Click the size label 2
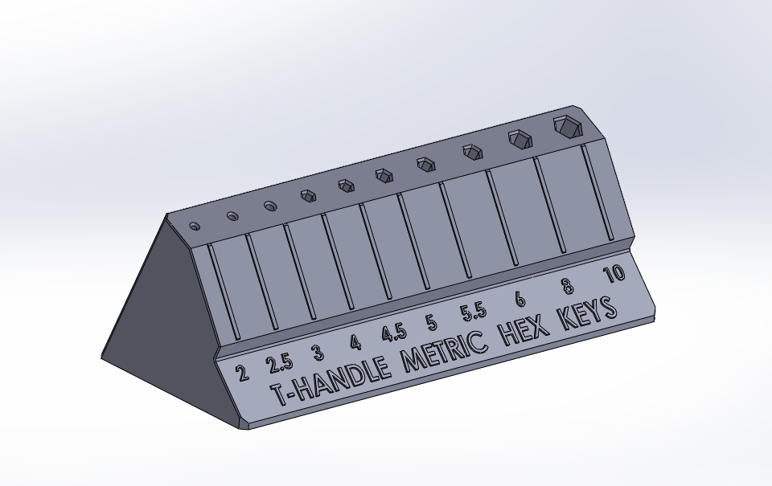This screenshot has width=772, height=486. (x=241, y=372)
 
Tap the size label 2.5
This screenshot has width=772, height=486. (x=279, y=363)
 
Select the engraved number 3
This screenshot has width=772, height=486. (x=318, y=353)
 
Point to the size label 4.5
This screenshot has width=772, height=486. (x=393, y=333)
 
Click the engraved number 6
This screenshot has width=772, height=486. (x=520, y=299)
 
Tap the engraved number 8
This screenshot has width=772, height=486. (x=567, y=285)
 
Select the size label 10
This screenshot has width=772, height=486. (x=614, y=274)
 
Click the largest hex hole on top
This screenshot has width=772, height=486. (x=567, y=125)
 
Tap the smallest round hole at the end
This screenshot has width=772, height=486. (x=195, y=227)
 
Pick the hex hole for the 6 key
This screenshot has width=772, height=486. (x=471, y=150)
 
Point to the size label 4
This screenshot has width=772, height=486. (x=355, y=343)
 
